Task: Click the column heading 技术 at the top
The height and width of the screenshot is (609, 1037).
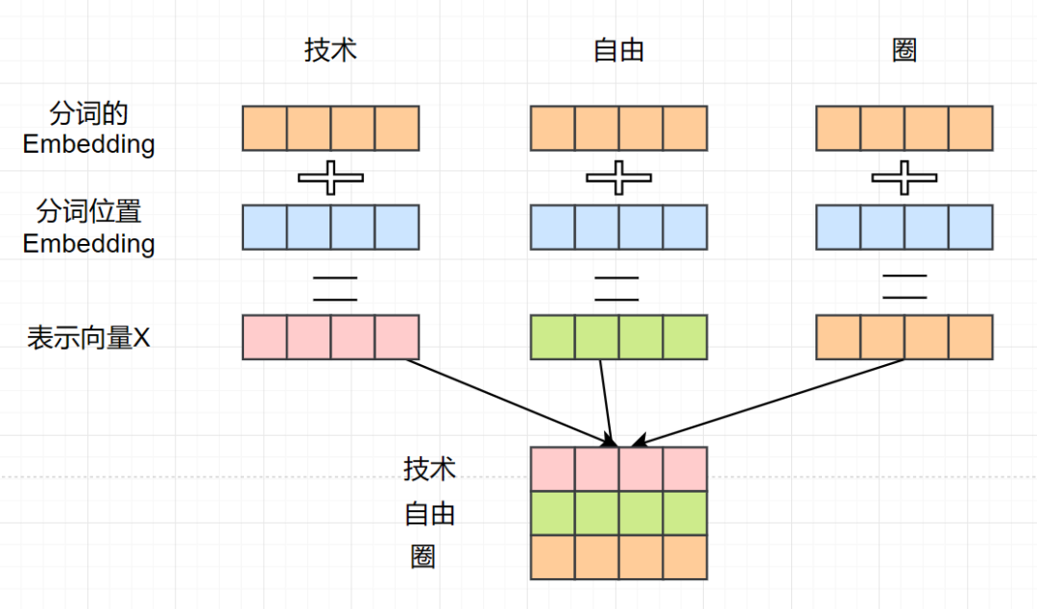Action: [330, 50]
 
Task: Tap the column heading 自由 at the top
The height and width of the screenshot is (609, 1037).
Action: [618, 50]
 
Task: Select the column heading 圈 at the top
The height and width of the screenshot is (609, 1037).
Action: [904, 50]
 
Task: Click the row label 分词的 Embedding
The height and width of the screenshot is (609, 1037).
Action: [88, 130]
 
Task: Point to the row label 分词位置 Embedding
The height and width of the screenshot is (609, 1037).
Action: [88, 228]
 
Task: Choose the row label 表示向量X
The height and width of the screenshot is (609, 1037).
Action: [88, 338]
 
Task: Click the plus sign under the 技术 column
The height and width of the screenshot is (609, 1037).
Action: [330, 177]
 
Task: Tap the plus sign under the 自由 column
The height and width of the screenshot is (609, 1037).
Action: [618, 177]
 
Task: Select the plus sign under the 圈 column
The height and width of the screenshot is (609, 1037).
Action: [904, 177]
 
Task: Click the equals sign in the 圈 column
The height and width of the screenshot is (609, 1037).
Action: [904, 285]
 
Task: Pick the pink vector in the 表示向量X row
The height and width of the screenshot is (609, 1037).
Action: [330, 337]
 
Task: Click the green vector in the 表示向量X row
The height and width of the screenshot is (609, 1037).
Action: [618, 337]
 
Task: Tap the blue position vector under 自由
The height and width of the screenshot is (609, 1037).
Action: [618, 228]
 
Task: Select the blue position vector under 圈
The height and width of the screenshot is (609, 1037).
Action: [904, 228]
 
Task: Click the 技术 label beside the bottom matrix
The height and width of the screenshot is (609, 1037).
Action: [429, 470]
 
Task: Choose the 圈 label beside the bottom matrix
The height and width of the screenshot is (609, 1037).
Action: [422, 556]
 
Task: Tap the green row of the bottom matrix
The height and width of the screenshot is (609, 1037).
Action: [618, 513]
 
